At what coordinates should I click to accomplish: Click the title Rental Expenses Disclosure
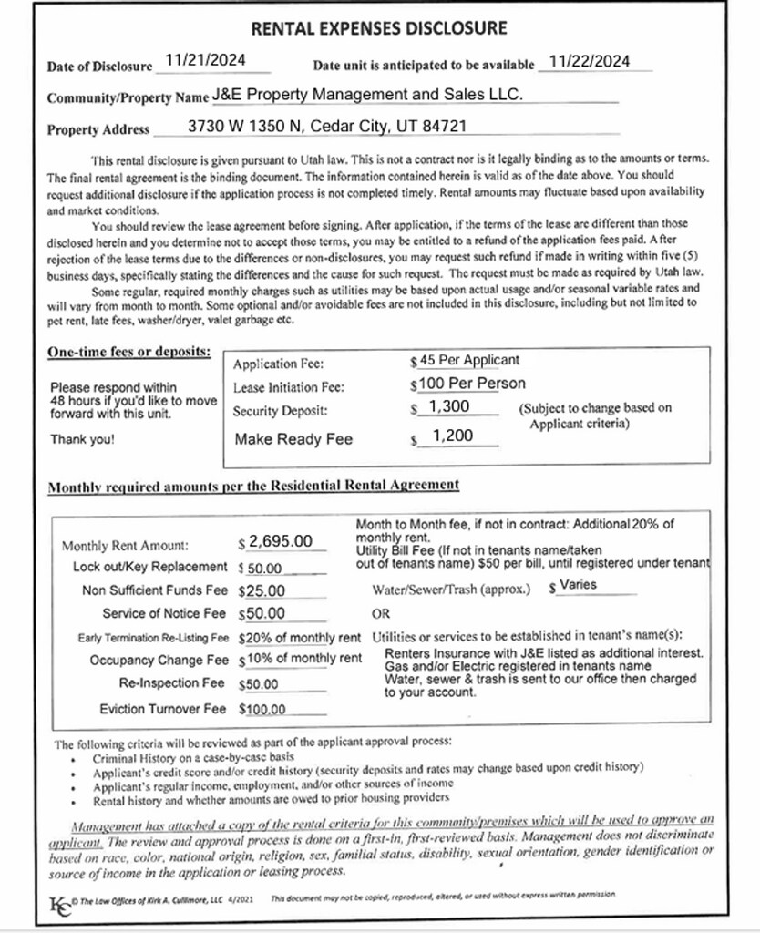tap(378, 28)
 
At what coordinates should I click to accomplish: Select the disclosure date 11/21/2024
tap(206, 61)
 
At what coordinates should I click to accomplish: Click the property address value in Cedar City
tap(327, 126)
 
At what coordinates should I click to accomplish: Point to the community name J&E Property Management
tap(367, 94)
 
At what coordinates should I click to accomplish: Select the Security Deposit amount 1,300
tap(449, 406)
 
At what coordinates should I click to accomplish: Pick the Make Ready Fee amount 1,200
tap(452, 436)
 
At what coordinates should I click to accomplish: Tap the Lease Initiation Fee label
tap(288, 387)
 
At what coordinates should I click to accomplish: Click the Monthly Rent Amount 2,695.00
tap(280, 541)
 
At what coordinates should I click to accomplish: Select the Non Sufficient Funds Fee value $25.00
tap(263, 590)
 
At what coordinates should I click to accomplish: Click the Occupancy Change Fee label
tap(159, 660)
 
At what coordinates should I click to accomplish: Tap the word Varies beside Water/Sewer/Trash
tap(578, 585)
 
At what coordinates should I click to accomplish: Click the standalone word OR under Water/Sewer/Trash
tap(381, 613)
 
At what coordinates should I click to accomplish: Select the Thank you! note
tap(82, 438)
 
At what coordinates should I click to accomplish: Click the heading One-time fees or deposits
tap(129, 351)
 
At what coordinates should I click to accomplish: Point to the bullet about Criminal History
tap(193, 757)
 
